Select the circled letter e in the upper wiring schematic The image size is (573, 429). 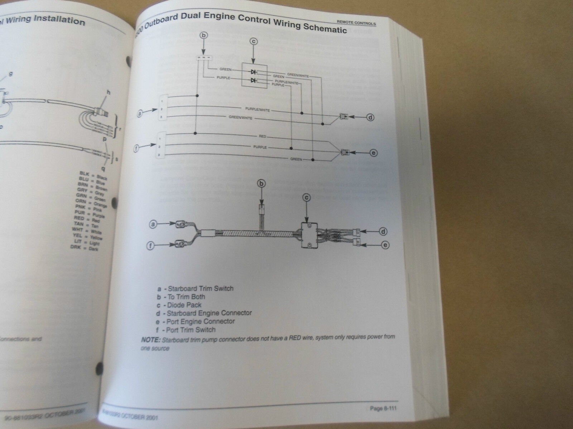(374, 153)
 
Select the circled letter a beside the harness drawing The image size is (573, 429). (153, 225)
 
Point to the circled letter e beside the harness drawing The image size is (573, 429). (385, 245)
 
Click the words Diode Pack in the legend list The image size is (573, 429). (184, 305)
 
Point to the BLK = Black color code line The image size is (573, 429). (93, 176)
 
